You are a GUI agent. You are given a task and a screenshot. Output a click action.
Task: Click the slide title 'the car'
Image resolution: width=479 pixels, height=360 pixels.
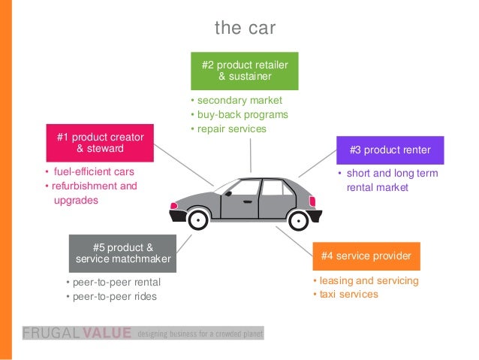click(x=245, y=29)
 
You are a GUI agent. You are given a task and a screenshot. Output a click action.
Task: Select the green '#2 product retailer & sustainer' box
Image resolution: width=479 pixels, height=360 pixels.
click(x=244, y=71)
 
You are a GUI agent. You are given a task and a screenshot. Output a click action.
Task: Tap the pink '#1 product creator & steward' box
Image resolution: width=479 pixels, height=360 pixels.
click(x=100, y=143)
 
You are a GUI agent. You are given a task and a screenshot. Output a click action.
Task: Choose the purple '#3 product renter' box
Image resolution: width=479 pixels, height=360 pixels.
click(x=390, y=150)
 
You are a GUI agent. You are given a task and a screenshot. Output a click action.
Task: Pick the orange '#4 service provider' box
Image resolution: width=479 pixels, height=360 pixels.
click(x=366, y=256)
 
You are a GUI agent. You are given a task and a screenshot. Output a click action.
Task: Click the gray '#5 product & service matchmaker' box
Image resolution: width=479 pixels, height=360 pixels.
click(x=123, y=253)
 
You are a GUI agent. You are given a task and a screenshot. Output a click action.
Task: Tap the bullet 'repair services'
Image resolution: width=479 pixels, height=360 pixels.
click(x=230, y=129)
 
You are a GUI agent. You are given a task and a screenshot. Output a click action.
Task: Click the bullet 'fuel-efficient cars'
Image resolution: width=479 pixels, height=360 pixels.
click(x=93, y=171)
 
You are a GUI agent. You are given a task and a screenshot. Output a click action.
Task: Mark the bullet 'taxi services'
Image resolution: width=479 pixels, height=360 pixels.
click(x=348, y=294)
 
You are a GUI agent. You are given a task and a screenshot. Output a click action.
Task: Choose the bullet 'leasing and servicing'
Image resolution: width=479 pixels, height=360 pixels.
click(x=369, y=280)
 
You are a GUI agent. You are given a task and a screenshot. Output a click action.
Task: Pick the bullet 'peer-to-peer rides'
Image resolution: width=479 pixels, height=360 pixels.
click(x=114, y=296)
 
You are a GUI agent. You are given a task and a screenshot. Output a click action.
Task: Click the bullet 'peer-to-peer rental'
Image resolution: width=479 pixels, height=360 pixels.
click(x=116, y=283)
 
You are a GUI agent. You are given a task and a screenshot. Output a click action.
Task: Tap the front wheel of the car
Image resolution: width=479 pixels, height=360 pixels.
click(x=299, y=219)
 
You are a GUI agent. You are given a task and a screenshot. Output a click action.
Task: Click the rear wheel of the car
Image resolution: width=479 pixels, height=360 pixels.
click(x=197, y=219)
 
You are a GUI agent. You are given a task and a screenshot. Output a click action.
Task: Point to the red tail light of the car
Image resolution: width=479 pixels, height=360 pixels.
click(x=174, y=204)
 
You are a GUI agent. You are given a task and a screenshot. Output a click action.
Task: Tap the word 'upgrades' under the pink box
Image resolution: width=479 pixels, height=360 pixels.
click(x=76, y=201)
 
